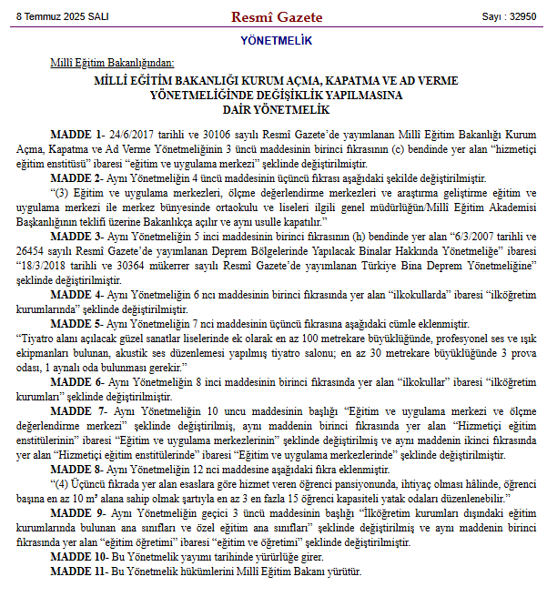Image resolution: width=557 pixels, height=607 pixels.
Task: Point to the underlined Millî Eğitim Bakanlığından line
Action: click(x=111, y=63)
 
